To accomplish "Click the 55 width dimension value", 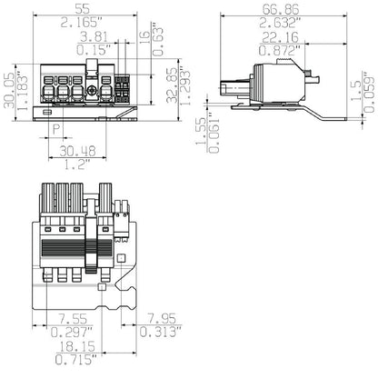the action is pos(83,8).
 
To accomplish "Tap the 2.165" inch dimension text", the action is pos(82,22).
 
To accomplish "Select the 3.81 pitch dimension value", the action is pos(94,36).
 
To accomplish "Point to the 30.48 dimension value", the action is pos(77,151).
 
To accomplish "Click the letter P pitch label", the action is pos(56,130).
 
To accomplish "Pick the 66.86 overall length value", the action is pos(281,9).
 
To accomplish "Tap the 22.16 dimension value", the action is pos(280,37).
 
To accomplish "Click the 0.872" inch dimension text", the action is pos(280,50).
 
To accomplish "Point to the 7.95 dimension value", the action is pos(162,319).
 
